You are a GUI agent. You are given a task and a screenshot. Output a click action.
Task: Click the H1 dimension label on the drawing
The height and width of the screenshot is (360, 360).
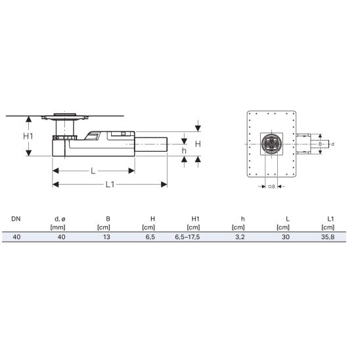pos(28,136)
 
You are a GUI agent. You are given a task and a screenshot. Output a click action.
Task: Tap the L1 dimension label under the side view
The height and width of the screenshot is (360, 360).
pos(110,184)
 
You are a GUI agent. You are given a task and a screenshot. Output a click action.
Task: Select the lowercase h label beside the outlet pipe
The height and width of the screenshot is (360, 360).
pos(184,150)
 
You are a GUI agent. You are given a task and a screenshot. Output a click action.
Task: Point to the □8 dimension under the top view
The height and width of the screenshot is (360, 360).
pos(271,187)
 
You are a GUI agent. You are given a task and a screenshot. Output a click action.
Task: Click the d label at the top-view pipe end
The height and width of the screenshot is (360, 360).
pos(332,144)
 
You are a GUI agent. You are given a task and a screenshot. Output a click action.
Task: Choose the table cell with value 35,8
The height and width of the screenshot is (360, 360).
pos(328,237)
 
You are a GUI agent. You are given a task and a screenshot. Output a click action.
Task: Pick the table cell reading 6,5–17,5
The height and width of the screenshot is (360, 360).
pos(187,237)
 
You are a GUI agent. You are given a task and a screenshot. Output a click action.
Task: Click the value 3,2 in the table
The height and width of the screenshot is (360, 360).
pos(240,237)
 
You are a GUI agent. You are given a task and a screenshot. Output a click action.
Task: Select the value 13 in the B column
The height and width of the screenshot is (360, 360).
pos(106,237)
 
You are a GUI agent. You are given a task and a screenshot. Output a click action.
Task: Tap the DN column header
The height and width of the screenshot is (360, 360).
pos(16,219)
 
